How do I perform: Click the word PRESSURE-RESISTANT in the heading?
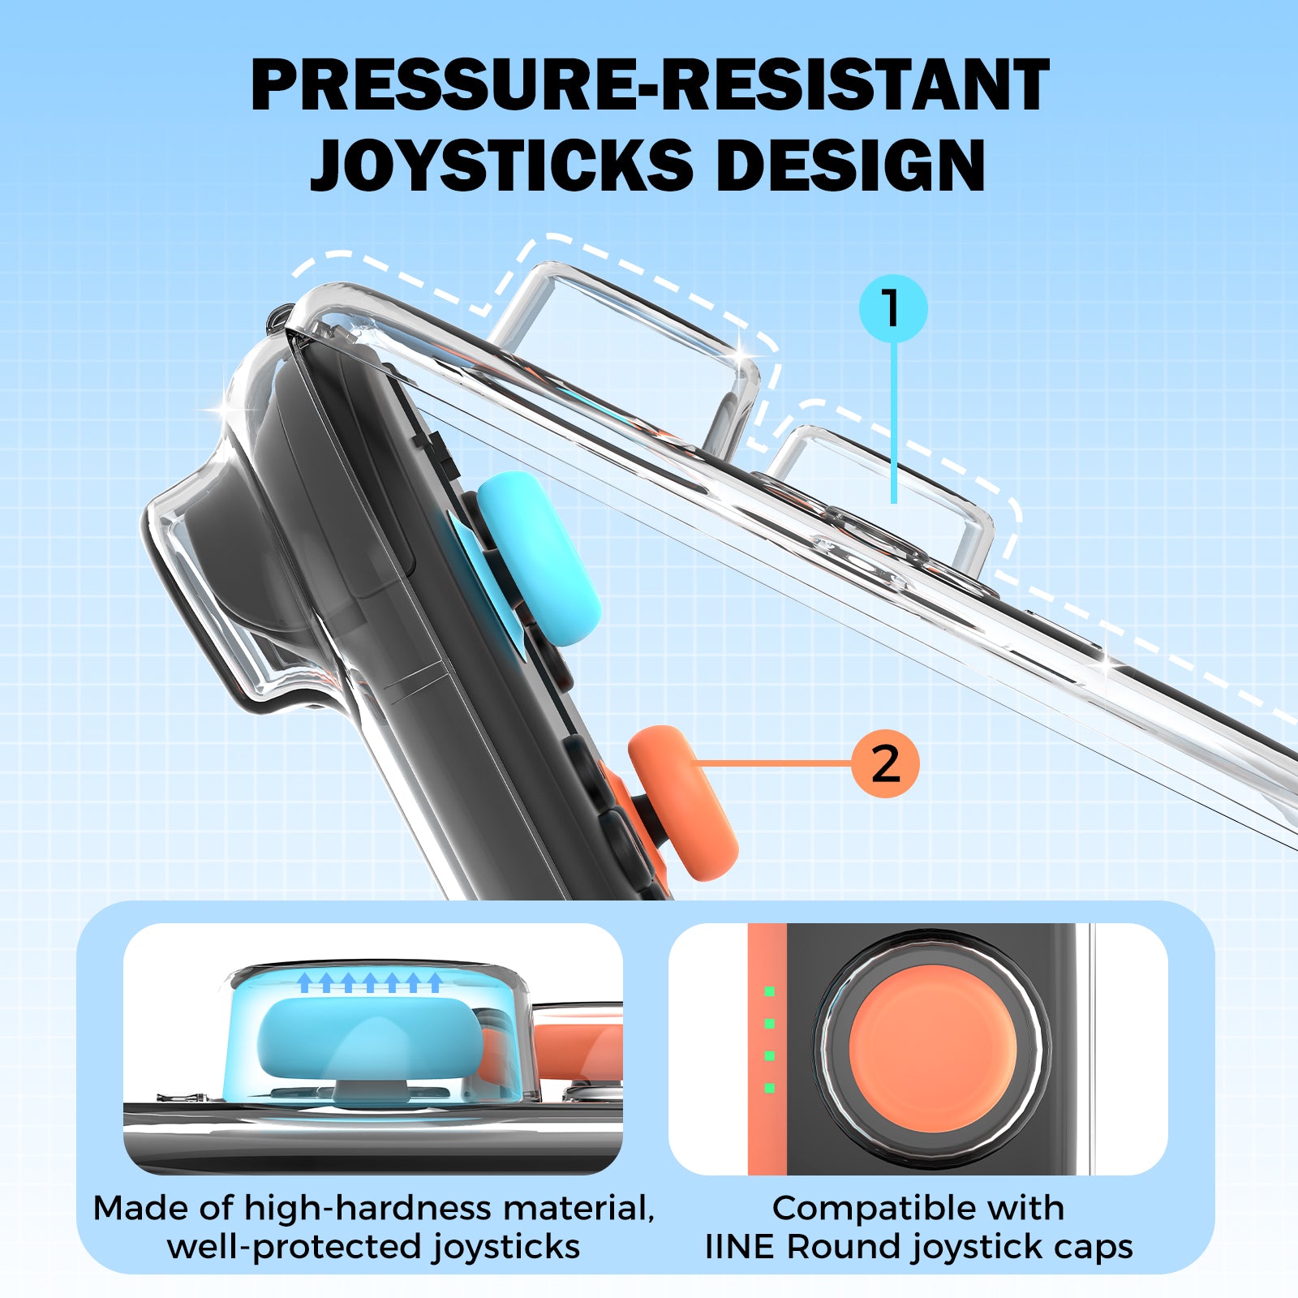point(650,85)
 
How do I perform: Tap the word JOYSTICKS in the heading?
point(501,165)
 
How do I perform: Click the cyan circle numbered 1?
point(893,308)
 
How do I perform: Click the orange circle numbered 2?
point(885,763)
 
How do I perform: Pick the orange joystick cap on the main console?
point(682,802)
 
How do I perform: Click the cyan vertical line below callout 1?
point(894,422)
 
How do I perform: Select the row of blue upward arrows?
point(370,982)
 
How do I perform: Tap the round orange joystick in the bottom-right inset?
point(932,1049)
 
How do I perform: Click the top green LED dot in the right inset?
point(769,991)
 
